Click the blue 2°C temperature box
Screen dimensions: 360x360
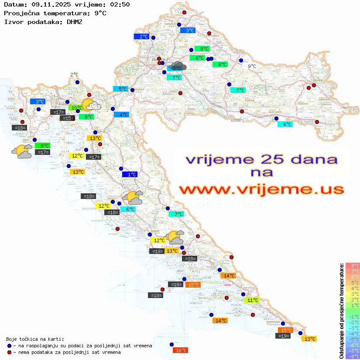click(141, 37)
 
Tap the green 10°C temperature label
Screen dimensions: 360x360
click(75, 107)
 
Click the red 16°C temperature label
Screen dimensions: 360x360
click(180, 350)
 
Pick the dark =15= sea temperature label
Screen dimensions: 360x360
click(68, 118)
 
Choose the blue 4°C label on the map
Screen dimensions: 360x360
click(121, 115)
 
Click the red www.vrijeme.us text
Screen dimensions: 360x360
click(261, 189)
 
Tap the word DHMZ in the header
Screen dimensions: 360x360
click(75, 21)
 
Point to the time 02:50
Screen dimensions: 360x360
click(120, 4)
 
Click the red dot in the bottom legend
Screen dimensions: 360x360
click(10, 352)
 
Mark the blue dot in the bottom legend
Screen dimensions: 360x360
click(10, 346)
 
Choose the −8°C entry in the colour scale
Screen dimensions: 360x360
click(353, 357)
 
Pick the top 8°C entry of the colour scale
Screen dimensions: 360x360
click(353, 266)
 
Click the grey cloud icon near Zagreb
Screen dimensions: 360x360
click(178, 66)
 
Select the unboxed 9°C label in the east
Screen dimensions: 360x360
click(252, 66)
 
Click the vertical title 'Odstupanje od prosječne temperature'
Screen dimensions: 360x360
click(342, 311)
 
